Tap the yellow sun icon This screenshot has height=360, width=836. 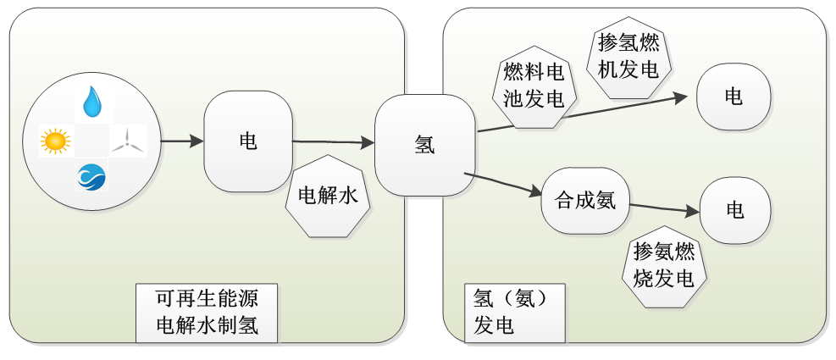[x=55, y=141]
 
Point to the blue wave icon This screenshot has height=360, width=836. [x=91, y=176]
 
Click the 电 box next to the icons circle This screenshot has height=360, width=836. [x=248, y=141]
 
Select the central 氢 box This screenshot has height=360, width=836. [x=424, y=145]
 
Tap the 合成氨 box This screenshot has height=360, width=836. [x=585, y=201]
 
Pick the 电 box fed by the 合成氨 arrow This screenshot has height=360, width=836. [x=734, y=210]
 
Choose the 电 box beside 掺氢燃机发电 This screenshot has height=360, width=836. [x=734, y=96]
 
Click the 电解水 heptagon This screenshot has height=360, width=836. [x=329, y=196]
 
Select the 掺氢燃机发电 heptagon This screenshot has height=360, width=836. [x=628, y=56]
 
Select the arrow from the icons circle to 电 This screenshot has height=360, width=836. [x=182, y=141]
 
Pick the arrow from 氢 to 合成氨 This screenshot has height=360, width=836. [x=503, y=185]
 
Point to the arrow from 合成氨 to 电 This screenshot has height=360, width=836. [x=664, y=208]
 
